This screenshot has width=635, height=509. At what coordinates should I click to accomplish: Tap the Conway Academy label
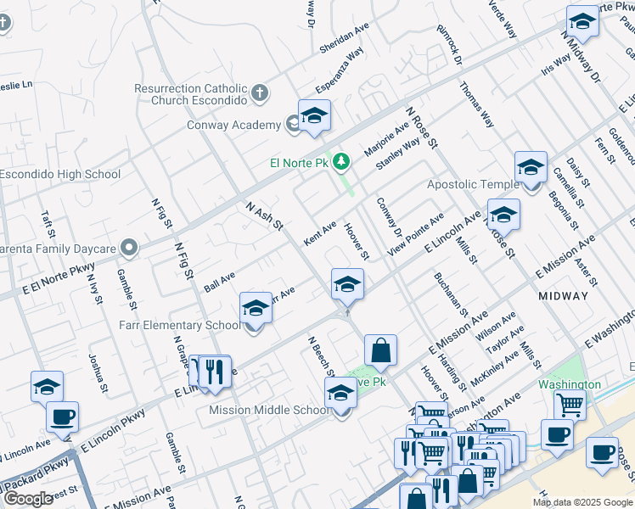click(233, 126)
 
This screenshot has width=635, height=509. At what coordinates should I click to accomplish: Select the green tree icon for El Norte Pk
click(341, 161)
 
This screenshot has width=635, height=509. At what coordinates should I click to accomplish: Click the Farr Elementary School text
click(183, 325)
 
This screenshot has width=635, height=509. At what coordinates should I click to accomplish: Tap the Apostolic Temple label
click(473, 184)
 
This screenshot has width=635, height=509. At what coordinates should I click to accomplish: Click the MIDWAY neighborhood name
click(563, 296)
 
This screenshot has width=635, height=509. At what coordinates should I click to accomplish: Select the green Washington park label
click(570, 384)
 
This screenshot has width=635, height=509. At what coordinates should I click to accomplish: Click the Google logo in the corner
click(28, 499)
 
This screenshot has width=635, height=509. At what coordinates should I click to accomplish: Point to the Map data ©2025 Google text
click(582, 502)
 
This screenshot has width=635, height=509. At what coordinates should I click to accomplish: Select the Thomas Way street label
click(476, 104)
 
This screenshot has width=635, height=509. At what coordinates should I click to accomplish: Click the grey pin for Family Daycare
click(128, 249)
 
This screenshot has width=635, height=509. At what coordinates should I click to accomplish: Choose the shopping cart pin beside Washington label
click(569, 406)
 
